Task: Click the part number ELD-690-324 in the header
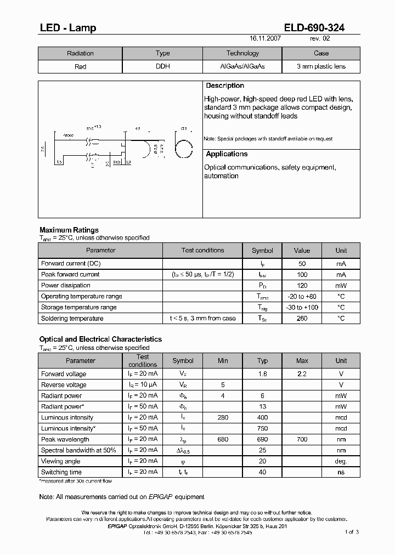(314, 28)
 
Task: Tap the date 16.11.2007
(266, 39)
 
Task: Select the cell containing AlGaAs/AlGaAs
(242, 66)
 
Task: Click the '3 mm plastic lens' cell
(321, 66)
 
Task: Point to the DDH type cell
(162, 66)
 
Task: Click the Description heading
(225, 86)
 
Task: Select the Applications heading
(227, 155)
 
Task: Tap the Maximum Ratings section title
(69, 230)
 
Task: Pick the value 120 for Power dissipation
(302, 285)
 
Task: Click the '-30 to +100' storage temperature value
(302, 307)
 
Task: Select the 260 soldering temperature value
(302, 318)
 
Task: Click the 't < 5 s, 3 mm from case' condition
(202, 318)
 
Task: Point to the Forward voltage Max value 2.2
(302, 374)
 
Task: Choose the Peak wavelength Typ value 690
(262, 439)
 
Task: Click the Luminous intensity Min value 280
(223, 417)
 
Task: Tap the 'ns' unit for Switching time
(341, 472)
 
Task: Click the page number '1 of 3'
(352, 532)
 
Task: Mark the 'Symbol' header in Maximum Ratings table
(262, 251)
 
